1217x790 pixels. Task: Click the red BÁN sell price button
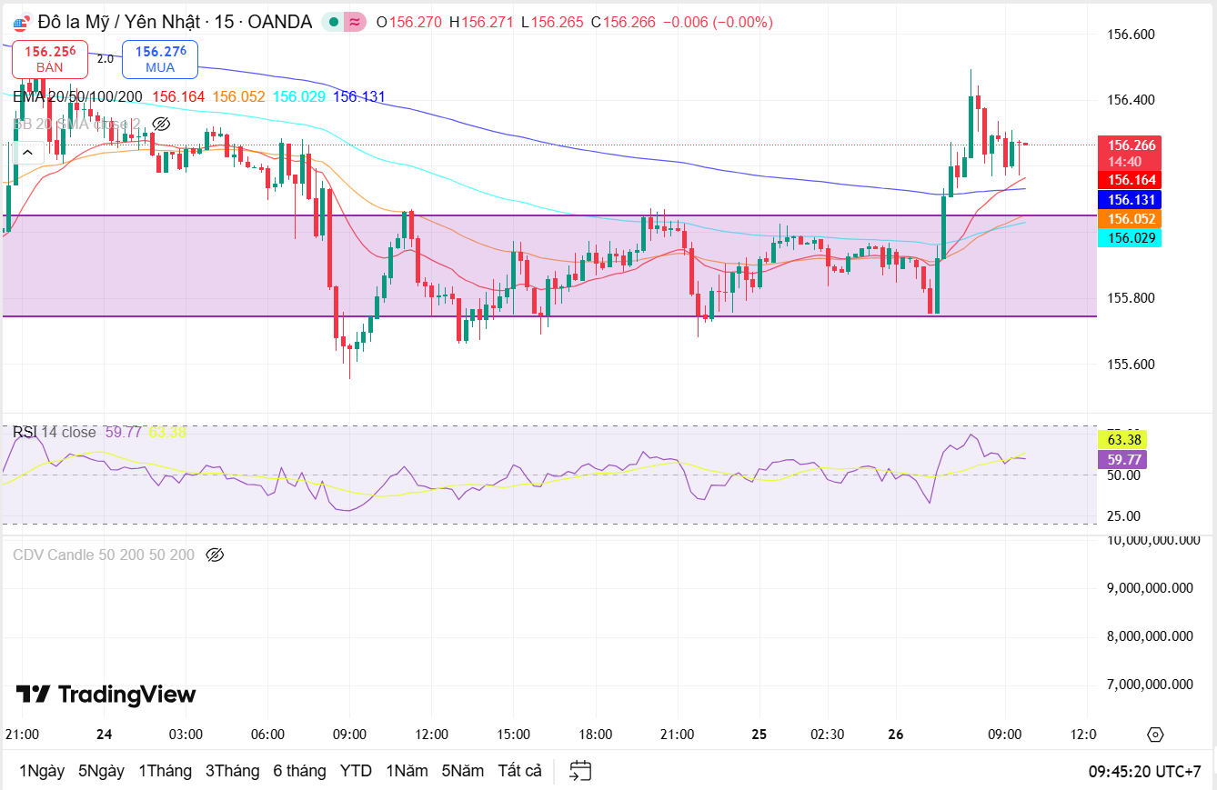pyautogui.click(x=50, y=59)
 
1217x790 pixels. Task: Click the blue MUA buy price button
pyautogui.click(x=160, y=59)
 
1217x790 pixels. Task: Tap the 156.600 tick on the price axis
pyautogui.click(x=1131, y=35)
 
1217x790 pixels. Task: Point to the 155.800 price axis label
pyautogui.click(x=1131, y=298)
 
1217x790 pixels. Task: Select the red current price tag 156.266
pyautogui.click(x=1132, y=145)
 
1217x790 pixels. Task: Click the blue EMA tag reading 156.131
pyautogui.click(x=1132, y=200)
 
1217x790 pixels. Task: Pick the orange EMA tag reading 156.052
pyautogui.click(x=1132, y=219)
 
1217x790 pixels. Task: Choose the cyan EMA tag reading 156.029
pyautogui.click(x=1132, y=238)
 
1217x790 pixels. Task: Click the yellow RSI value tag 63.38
pyautogui.click(x=1124, y=440)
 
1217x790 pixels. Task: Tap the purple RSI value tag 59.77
pyautogui.click(x=1124, y=460)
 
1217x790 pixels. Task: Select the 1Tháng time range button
pyautogui.click(x=165, y=771)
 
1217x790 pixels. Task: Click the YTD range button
pyautogui.click(x=356, y=771)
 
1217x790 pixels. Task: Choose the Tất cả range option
pyautogui.click(x=519, y=771)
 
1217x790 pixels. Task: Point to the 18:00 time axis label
pyautogui.click(x=595, y=735)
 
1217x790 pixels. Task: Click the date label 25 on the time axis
pyautogui.click(x=760, y=735)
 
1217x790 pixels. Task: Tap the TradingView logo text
pyautogui.click(x=106, y=695)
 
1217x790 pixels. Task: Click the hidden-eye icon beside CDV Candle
pyautogui.click(x=215, y=555)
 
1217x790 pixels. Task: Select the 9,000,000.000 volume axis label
pyautogui.click(x=1150, y=588)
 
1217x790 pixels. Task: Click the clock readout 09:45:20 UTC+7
pyautogui.click(x=1144, y=771)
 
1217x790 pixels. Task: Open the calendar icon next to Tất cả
pyautogui.click(x=581, y=771)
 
